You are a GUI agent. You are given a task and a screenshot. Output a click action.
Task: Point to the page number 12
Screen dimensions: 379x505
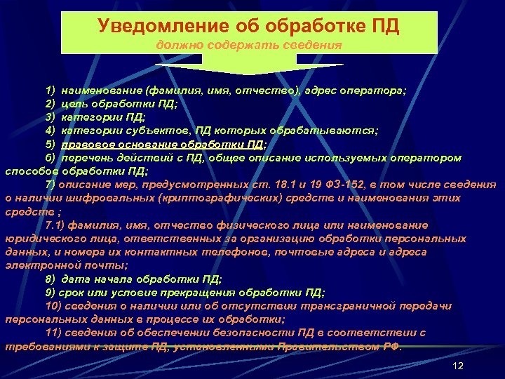(x=459, y=366)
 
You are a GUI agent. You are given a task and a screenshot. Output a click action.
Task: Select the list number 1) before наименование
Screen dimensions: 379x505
(x=50, y=91)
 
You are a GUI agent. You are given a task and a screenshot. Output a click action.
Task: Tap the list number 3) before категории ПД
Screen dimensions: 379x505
(x=50, y=117)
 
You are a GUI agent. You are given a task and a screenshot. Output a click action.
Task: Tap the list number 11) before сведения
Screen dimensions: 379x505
(x=52, y=332)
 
